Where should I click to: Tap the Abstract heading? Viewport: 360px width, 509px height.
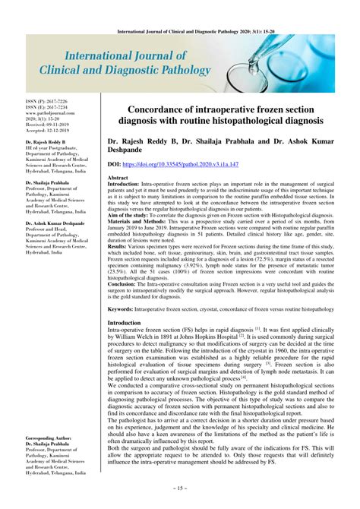click(119, 177)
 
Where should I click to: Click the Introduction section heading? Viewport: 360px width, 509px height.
click(125, 323)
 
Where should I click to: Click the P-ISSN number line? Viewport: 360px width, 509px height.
click(46, 102)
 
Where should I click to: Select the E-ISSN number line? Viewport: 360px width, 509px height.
click(46, 107)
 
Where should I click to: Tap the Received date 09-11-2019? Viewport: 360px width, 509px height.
click(49, 124)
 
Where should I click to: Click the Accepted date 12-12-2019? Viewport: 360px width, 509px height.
click(49, 129)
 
